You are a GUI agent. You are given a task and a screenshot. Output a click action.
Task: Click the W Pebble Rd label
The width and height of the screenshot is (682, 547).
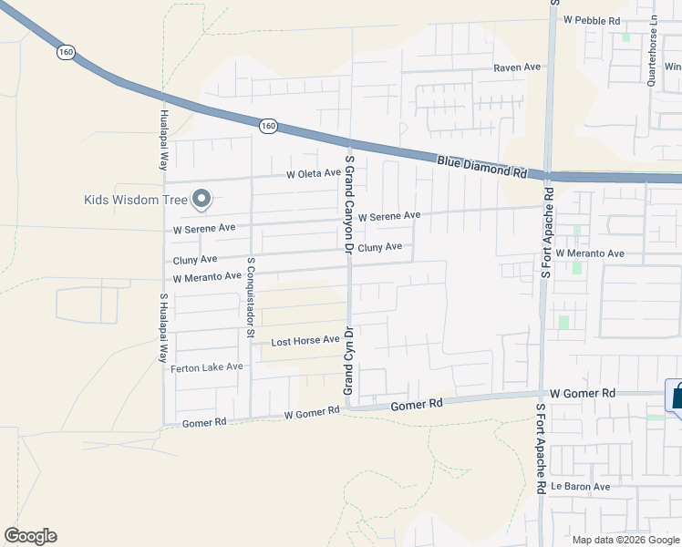pyautogui.click(x=592, y=19)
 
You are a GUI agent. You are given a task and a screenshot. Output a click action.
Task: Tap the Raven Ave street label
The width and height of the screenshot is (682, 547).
pyautogui.click(x=517, y=67)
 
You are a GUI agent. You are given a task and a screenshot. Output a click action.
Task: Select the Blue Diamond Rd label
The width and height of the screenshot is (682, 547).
pyautogui.click(x=482, y=165)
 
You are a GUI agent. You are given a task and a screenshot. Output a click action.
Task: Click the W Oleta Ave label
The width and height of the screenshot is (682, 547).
pyautogui.click(x=313, y=173)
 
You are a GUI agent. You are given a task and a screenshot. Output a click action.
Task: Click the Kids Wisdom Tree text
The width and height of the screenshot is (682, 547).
pyautogui.click(x=134, y=200)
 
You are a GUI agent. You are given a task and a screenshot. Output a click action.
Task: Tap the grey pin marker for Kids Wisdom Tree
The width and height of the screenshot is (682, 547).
pyautogui.click(x=201, y=199)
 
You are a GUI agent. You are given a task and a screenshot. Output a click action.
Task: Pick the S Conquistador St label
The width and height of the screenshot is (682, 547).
pyautogui.click(x=251, y=296)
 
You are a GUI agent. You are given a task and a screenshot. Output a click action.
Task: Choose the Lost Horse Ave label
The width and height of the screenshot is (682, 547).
pyautogui.click(x=305, y=341)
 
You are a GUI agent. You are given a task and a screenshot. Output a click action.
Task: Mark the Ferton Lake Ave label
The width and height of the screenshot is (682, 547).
pyautogui.click(x=207, y=367)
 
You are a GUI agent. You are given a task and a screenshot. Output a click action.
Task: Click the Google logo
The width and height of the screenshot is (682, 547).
pyautogui.click(x=30, y=536)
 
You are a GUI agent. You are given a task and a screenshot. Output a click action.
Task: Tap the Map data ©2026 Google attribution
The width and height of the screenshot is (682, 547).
pyautogui.click(x=625, y=540)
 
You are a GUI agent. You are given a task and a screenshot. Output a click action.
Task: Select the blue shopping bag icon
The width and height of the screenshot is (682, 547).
pyautogui.click(x=677, y=398)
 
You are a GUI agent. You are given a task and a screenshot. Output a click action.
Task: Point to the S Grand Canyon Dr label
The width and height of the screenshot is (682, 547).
pyautogui.click(x=348, y=202)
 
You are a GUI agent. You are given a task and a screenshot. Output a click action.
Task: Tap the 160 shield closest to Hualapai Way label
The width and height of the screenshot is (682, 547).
pyautogui.click(x=66, y=52)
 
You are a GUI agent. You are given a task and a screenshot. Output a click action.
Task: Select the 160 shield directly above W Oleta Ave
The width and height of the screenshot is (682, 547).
pyautogui.click(x=267, y=126)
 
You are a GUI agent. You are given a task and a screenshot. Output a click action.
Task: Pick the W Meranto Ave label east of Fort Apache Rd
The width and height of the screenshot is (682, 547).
pyautogui.click(x=590, y=253)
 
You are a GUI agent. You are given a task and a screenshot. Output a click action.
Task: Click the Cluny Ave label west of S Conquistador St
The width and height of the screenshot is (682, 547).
pyautogui.click(x=196, y=260)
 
